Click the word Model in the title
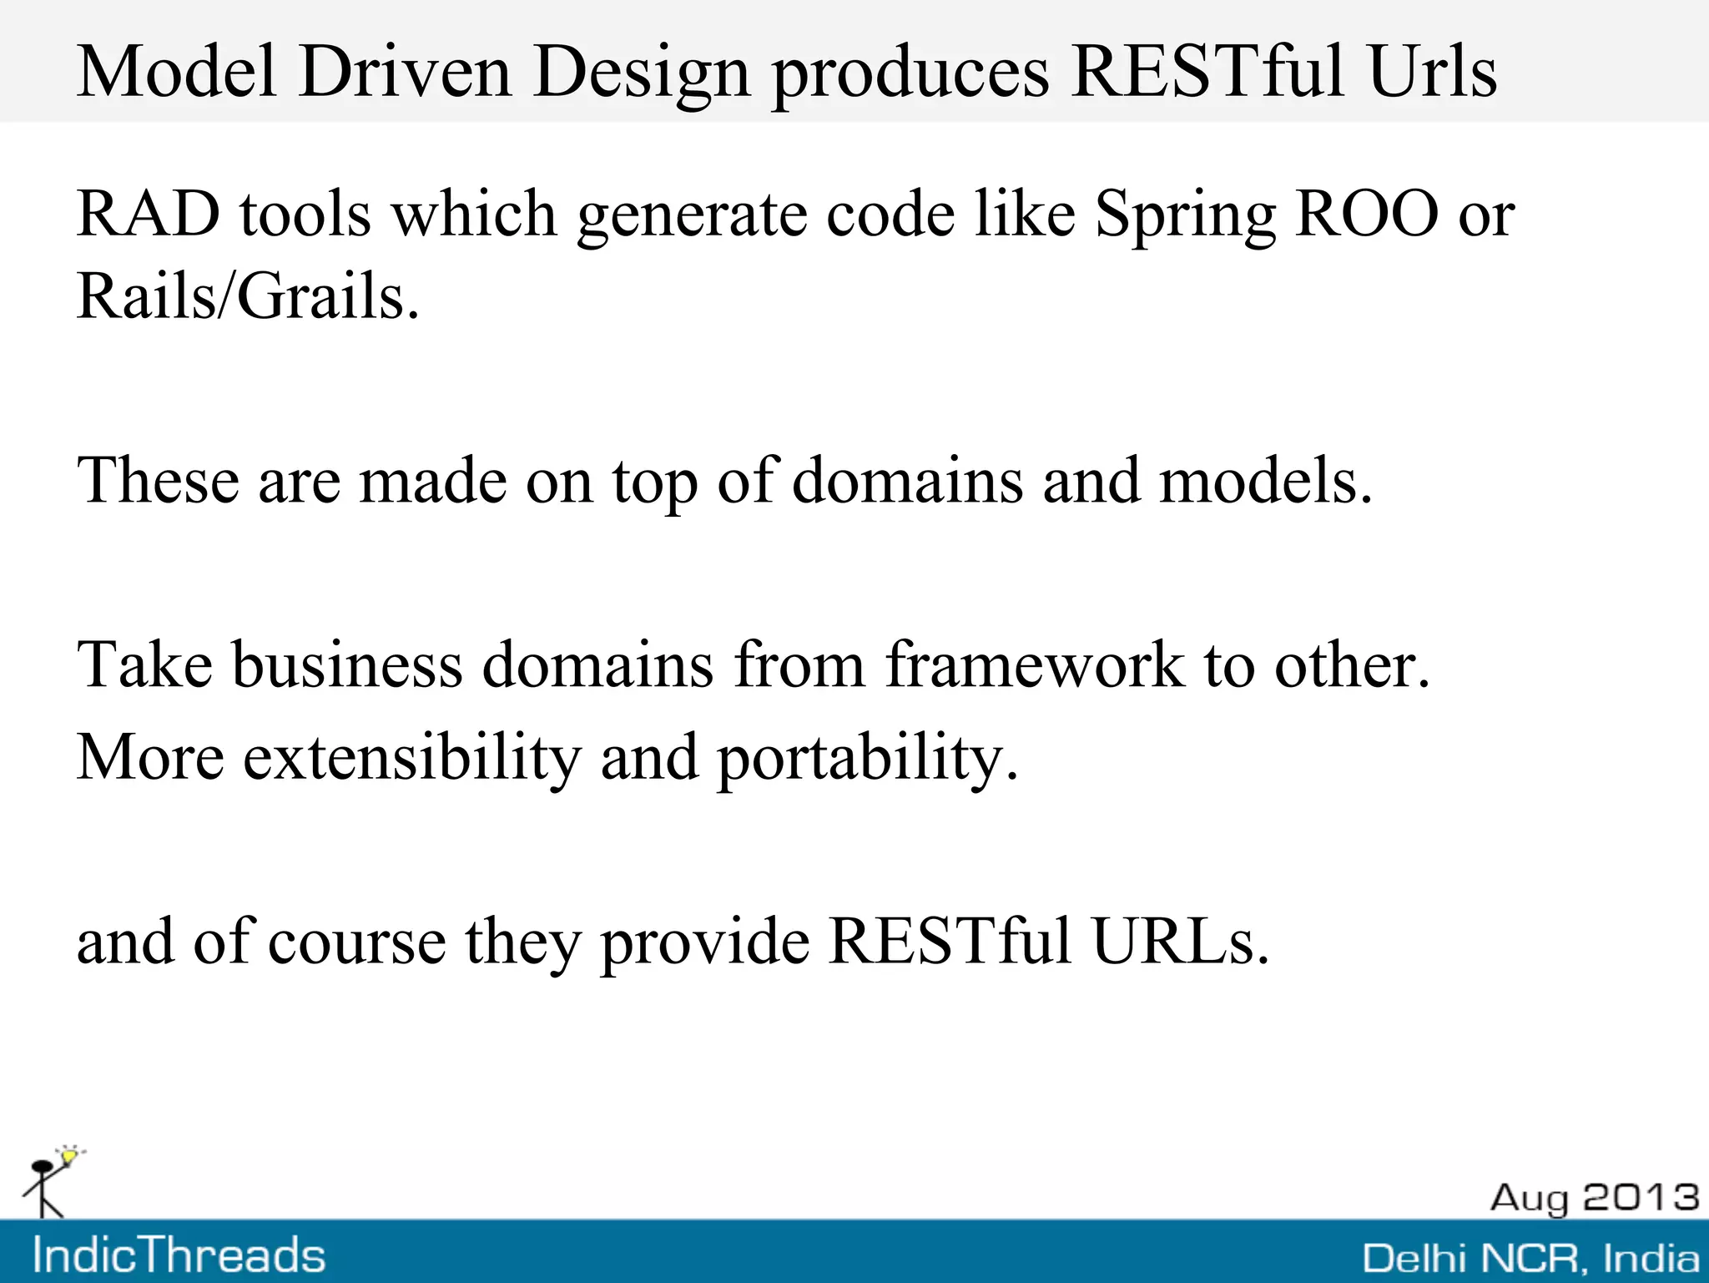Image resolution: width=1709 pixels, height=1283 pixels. [x=176, y=72]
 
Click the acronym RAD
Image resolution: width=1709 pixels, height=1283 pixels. [x=149, y=215]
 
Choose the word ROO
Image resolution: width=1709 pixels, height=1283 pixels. [x=1367, y=215]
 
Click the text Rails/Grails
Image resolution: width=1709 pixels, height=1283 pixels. [x=248, y=296]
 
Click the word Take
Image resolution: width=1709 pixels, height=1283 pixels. [x=145, y=664]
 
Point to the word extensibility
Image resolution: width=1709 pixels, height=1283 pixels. [x=411, y=757]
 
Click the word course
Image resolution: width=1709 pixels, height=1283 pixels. [x=357, y=942]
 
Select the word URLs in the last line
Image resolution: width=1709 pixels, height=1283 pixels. [x=1180, y=942]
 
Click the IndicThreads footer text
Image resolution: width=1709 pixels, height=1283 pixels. [x=179, y=1255]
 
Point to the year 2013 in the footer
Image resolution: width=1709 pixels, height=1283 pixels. [x=1641, y=1197]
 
